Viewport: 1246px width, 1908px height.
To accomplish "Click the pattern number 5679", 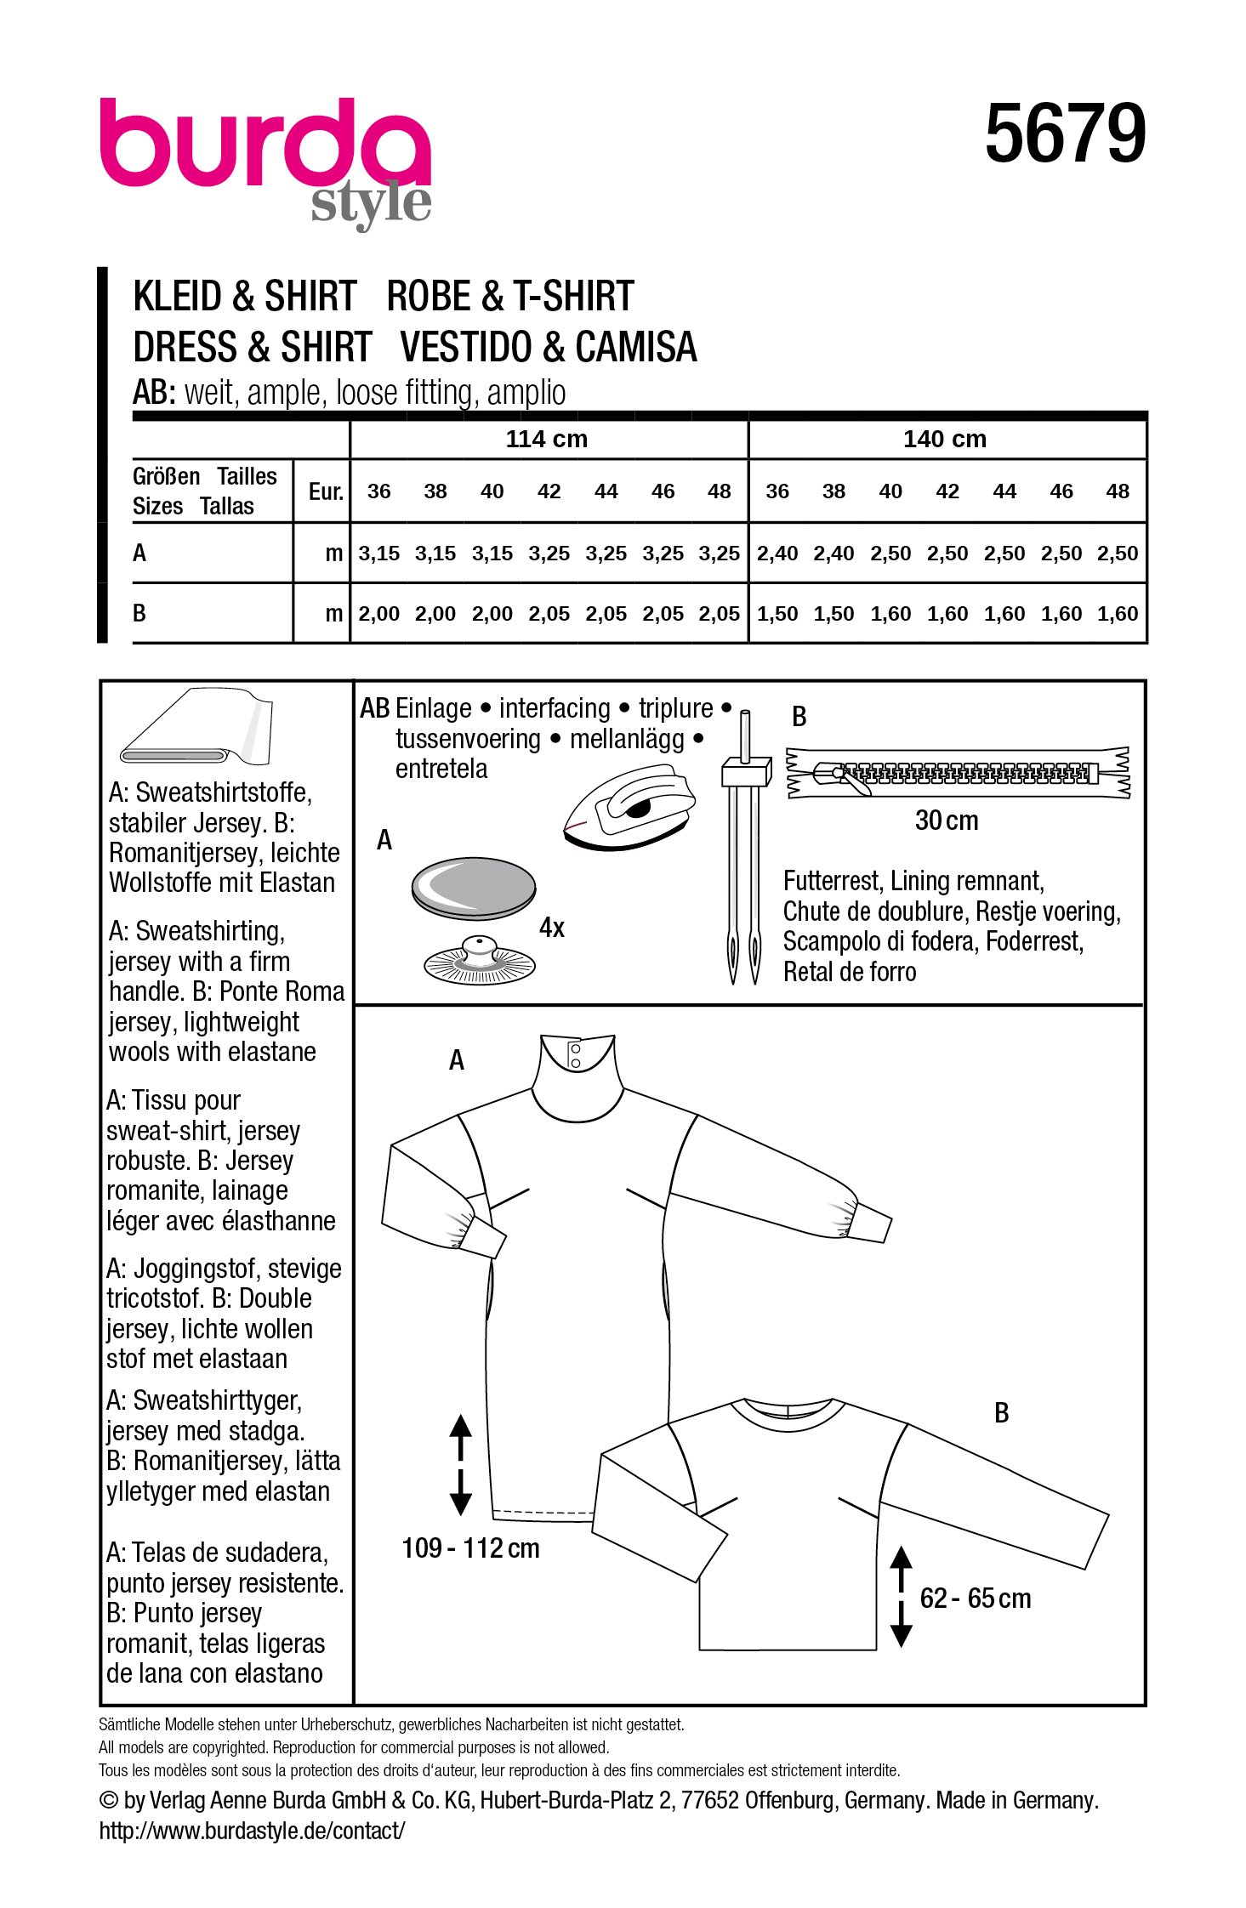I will coord(1065,133).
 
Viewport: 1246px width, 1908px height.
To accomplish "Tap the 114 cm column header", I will coord(546,439).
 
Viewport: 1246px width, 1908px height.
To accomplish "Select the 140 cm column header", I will coord(944,439).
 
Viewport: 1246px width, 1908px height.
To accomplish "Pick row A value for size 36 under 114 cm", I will coord(378,554).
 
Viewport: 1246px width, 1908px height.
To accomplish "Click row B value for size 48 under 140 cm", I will coord(1117,614).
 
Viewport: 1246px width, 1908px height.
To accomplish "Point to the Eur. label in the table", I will coord(325,491).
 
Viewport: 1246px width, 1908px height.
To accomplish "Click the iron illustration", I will coord(629,807).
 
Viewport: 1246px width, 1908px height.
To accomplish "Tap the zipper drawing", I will coord(958,773).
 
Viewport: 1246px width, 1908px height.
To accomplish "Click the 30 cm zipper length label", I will coord(946,821).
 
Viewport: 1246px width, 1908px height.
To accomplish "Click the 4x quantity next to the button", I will coord(551,928).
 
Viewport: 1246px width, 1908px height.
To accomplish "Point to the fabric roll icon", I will coord(197,728).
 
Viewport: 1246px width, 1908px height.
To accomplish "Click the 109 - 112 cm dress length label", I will coord(470,1548).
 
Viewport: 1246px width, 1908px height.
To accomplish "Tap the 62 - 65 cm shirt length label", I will coord(975,1599).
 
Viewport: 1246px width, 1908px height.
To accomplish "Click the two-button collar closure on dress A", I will coord(576,1056).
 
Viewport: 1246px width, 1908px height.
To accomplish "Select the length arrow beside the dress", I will coord(460,1464).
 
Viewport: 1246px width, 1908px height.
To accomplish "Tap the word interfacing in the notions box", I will coord(555,708).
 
